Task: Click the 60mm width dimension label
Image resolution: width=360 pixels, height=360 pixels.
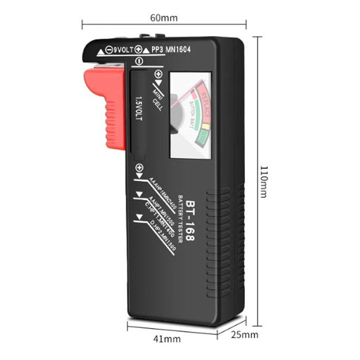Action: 163,18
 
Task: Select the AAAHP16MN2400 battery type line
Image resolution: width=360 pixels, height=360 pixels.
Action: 162,193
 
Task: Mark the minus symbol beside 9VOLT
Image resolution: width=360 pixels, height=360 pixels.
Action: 108,50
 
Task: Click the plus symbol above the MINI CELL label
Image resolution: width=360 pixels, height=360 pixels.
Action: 158,74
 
